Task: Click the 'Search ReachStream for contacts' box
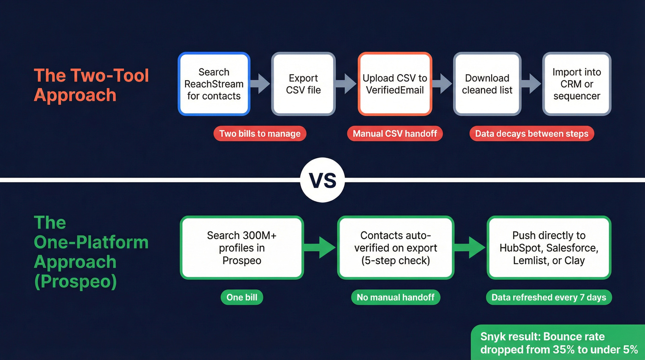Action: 214,84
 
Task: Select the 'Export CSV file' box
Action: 303,84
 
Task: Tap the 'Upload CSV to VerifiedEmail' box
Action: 395,84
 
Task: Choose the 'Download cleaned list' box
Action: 487,84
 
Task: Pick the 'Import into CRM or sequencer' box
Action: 576,84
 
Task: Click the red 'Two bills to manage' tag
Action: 260,134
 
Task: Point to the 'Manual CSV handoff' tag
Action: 394,134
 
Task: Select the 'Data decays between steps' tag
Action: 532,134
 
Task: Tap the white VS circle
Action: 322,180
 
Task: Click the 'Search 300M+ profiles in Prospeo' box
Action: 242,248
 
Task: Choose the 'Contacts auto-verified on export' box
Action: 395,248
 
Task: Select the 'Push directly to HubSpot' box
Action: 549,248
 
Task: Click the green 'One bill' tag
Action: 242,297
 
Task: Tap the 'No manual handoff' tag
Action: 395,297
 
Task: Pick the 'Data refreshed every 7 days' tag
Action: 549,297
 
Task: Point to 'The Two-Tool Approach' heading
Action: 91,85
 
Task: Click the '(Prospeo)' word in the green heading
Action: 75,281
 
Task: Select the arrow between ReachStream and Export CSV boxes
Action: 260,84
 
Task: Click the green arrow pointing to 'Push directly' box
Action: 470,248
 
